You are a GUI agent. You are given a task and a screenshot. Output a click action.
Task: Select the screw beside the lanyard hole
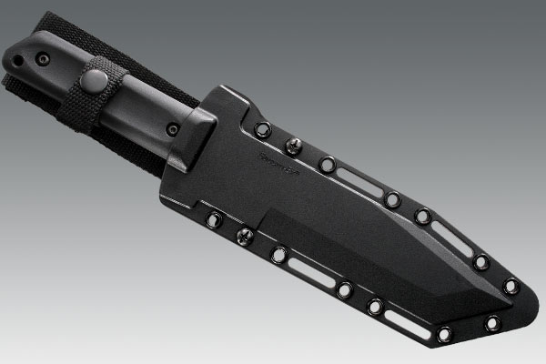(41, 56)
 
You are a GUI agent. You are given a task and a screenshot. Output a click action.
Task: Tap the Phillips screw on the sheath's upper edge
(294, 146)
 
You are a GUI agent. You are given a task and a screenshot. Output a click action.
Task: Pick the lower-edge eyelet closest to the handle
(214, 219)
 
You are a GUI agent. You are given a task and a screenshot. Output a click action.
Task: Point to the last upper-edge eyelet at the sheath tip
(511, 285)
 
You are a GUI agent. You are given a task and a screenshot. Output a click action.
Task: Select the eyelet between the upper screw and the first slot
(327, 164)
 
